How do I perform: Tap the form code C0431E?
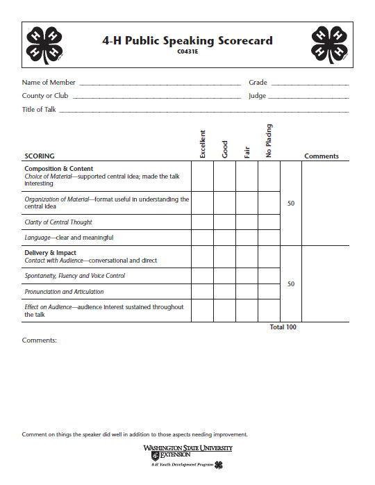pos(187,51)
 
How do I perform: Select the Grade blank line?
pos(309,84)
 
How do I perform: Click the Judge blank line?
pos(308,97)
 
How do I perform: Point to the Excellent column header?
pos(203,144)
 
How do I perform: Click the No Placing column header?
pos(269,141)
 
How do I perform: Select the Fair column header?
pos(247,150)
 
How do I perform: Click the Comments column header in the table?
pos(322,156)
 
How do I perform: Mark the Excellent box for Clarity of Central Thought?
pos(202,222)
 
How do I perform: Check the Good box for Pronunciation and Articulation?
pos(224,292)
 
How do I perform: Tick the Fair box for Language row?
pos(247,238)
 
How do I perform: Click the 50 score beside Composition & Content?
pos(291,204)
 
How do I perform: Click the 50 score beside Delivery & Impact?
pos(291,284)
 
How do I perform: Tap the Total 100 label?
pos(283,327)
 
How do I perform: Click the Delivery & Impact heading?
pos(50,253)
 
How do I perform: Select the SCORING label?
pos(40,156)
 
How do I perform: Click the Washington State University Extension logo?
pos(187,456)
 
